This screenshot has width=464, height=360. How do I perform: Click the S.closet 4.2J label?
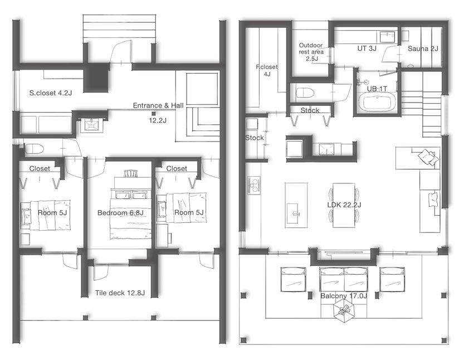pyautogui.click(x=51, y=93)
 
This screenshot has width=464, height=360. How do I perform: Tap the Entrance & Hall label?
pyautogui.click(x=158, y=105)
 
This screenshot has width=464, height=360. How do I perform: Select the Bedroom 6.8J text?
pyautogui.click(x=120, y=212)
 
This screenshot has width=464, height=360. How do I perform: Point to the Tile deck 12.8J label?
pyautogui.click(x=120, y=293)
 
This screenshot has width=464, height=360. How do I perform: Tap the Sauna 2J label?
pyautogui.click(x=423, y=48)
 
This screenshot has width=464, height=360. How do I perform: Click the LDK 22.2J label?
pyautogui.click(x=344, y=205)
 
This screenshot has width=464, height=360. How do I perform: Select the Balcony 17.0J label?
pyautogui.click(x=344, y=296)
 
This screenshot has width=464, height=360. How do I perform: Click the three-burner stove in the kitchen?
pyautogui.click(x=254, y=186)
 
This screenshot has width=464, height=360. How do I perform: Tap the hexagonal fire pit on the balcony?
pyautogui.click(x=344, y=310)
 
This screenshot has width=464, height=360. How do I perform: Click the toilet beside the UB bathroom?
pyautogui.click(x=305, y=93)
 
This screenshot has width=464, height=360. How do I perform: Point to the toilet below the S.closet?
pyautogui.click(x=35, y=149)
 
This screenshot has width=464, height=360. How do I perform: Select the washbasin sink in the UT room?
pyautogui.click(x=387, y=37)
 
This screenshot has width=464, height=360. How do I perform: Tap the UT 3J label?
pyautogui.click(x=367, y=48)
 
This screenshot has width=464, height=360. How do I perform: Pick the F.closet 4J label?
pyautogui.click(x=267, y=70)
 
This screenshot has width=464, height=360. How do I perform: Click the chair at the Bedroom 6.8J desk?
pyautogui.click(x=130, y=173)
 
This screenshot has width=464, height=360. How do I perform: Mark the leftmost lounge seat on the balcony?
pyautogui.click(x=293, y=280)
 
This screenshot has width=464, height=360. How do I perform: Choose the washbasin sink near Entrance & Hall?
pyautogui.click(x=92, y=125)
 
